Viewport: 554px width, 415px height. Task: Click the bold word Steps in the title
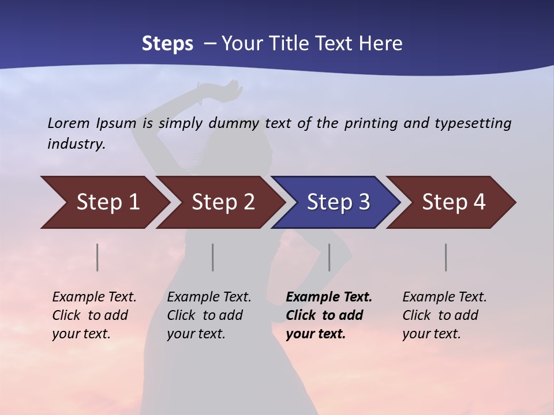(167, 44)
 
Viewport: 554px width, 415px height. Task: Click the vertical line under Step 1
(98, 257)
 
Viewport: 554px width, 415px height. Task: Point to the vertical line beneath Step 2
(213, 257)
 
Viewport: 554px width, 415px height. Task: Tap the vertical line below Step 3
(330, 257)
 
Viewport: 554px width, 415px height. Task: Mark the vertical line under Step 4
(446, 257)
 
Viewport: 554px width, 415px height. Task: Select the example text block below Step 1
(94, 315)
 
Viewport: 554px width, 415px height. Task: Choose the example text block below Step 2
(209, 315)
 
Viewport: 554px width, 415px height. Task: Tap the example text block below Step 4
(444, 315)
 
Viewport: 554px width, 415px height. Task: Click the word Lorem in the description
(69, 123)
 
